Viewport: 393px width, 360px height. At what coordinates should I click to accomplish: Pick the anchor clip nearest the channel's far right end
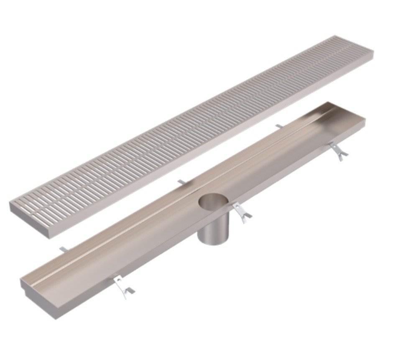pos(338,151)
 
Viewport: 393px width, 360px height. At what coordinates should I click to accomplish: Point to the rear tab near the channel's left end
pos(62,249)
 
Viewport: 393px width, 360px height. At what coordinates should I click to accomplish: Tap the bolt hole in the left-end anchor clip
pos(118,280)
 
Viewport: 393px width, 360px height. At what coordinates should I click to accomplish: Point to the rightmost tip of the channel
pos(365,122)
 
